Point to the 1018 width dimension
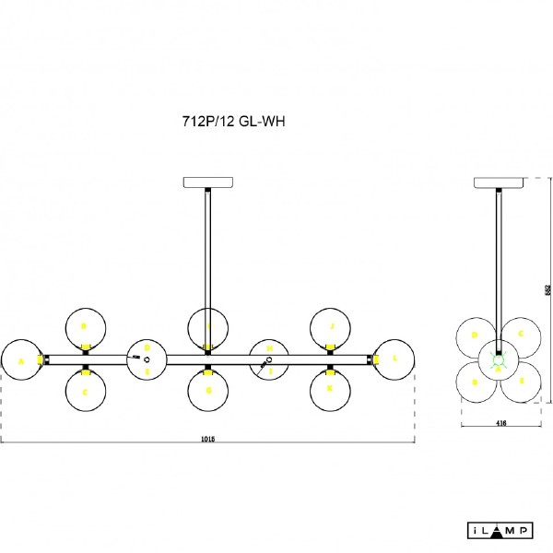[208, 440]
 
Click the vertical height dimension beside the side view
[547, 289]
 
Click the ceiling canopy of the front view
[209, 182]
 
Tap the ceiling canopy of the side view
[499, 182]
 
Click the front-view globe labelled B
[85, 326]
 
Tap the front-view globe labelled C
[85, 391]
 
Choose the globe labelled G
[208, 391]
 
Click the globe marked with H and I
[269, 359]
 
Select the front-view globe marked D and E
[146, 359]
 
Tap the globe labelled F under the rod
[208, 326]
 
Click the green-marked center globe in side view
[499, 359]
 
